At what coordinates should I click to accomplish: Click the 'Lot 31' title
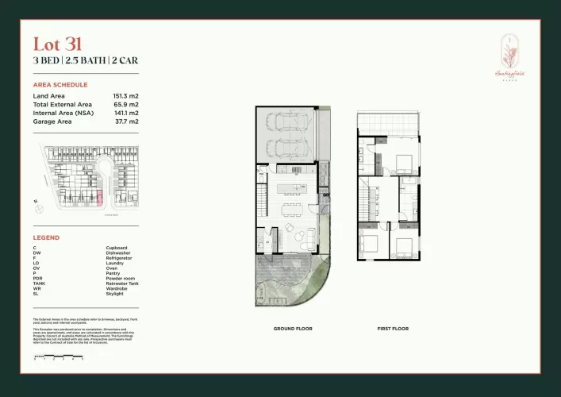[57, 44]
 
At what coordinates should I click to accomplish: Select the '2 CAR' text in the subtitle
[123, 60]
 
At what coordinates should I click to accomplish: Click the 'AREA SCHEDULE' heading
[60, 84]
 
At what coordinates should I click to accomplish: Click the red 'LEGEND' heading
[46, 237]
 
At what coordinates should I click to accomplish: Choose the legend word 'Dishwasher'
[120, 253]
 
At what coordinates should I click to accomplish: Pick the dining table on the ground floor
[290, 209]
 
